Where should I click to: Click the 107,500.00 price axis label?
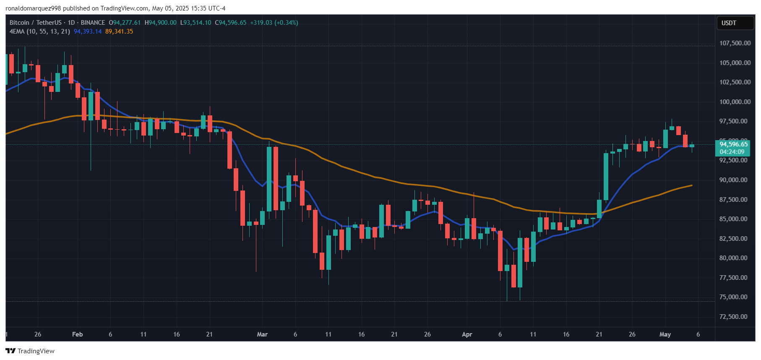[735, 43]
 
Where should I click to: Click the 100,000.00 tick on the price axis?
[735, 102]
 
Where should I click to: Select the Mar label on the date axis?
[262, 334]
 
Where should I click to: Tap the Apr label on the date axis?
[467, 334]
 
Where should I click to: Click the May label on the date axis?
[665, 334]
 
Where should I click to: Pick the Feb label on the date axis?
[77, 334]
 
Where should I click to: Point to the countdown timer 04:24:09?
[732, 152]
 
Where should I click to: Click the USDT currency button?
[729, 23]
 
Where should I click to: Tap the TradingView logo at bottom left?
[30, 351]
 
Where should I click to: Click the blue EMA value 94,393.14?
[88, 31]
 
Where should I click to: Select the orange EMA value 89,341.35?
[119, 31]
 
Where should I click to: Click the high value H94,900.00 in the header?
[161, 23]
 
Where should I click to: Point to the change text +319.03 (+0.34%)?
[274, 23]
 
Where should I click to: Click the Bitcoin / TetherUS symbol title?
[36, 23]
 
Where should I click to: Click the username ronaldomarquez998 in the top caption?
[33, 8]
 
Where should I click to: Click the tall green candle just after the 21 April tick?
[606, 176]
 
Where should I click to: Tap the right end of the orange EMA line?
[691, 185]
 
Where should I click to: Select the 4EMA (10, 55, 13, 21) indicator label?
[40, 31]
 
